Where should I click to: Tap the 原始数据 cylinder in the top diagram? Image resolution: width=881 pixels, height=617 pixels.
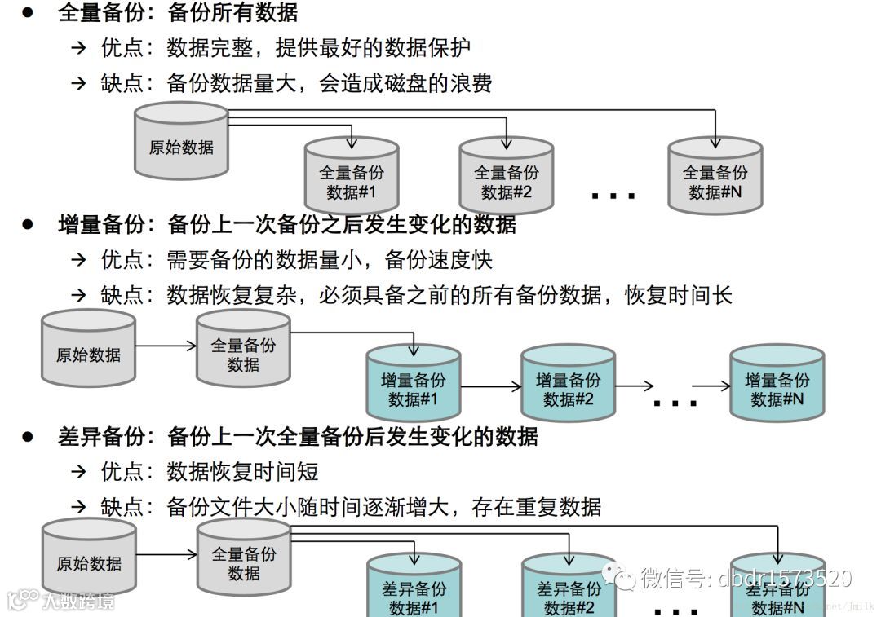(x=181, y=142)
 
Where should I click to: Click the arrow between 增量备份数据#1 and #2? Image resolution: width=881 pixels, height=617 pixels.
(x=490, y=386)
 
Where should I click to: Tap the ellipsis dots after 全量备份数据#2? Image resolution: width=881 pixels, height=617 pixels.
(x=613, y=196)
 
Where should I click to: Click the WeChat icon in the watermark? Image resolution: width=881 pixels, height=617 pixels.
(x=625, y=579)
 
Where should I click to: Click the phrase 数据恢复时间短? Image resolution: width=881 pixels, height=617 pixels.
(x=242, y=471)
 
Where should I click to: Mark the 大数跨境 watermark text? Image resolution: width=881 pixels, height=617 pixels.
(x=78, y=602)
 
